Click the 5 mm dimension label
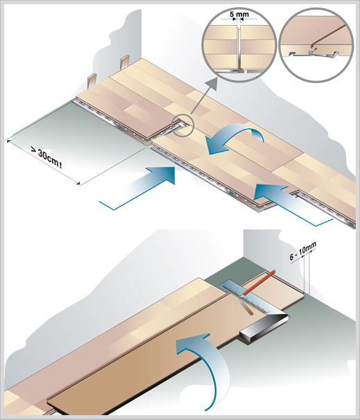239,14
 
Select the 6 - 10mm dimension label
302,251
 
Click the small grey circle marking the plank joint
182,125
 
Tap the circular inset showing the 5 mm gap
239,45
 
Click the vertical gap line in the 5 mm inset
239,49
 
